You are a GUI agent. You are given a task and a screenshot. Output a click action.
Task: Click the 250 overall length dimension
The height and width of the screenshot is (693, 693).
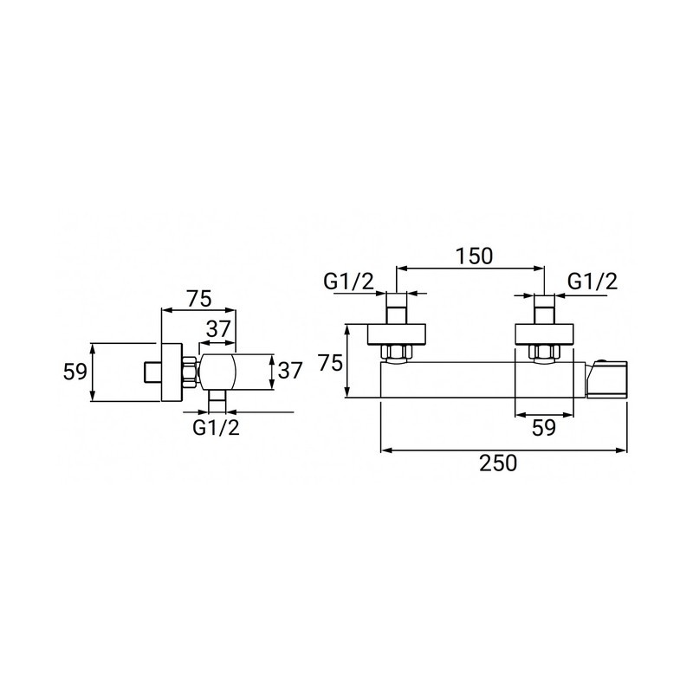point(498,463)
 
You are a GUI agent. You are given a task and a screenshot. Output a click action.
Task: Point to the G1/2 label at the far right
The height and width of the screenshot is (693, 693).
point(593,282)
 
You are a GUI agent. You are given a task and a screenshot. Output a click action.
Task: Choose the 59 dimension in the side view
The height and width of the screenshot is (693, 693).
point(76,372)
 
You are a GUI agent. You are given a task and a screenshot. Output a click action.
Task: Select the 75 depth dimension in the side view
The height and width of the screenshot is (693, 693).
point(198,298)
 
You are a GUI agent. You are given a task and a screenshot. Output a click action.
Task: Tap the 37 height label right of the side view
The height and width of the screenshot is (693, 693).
point(290,370)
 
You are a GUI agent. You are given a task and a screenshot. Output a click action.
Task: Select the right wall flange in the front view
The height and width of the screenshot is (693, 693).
point(544,334)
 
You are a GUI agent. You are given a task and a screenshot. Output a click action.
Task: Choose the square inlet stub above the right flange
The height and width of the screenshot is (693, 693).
point(544,308)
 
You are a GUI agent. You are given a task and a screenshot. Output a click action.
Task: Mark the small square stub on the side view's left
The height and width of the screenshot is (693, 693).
point(152,372)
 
